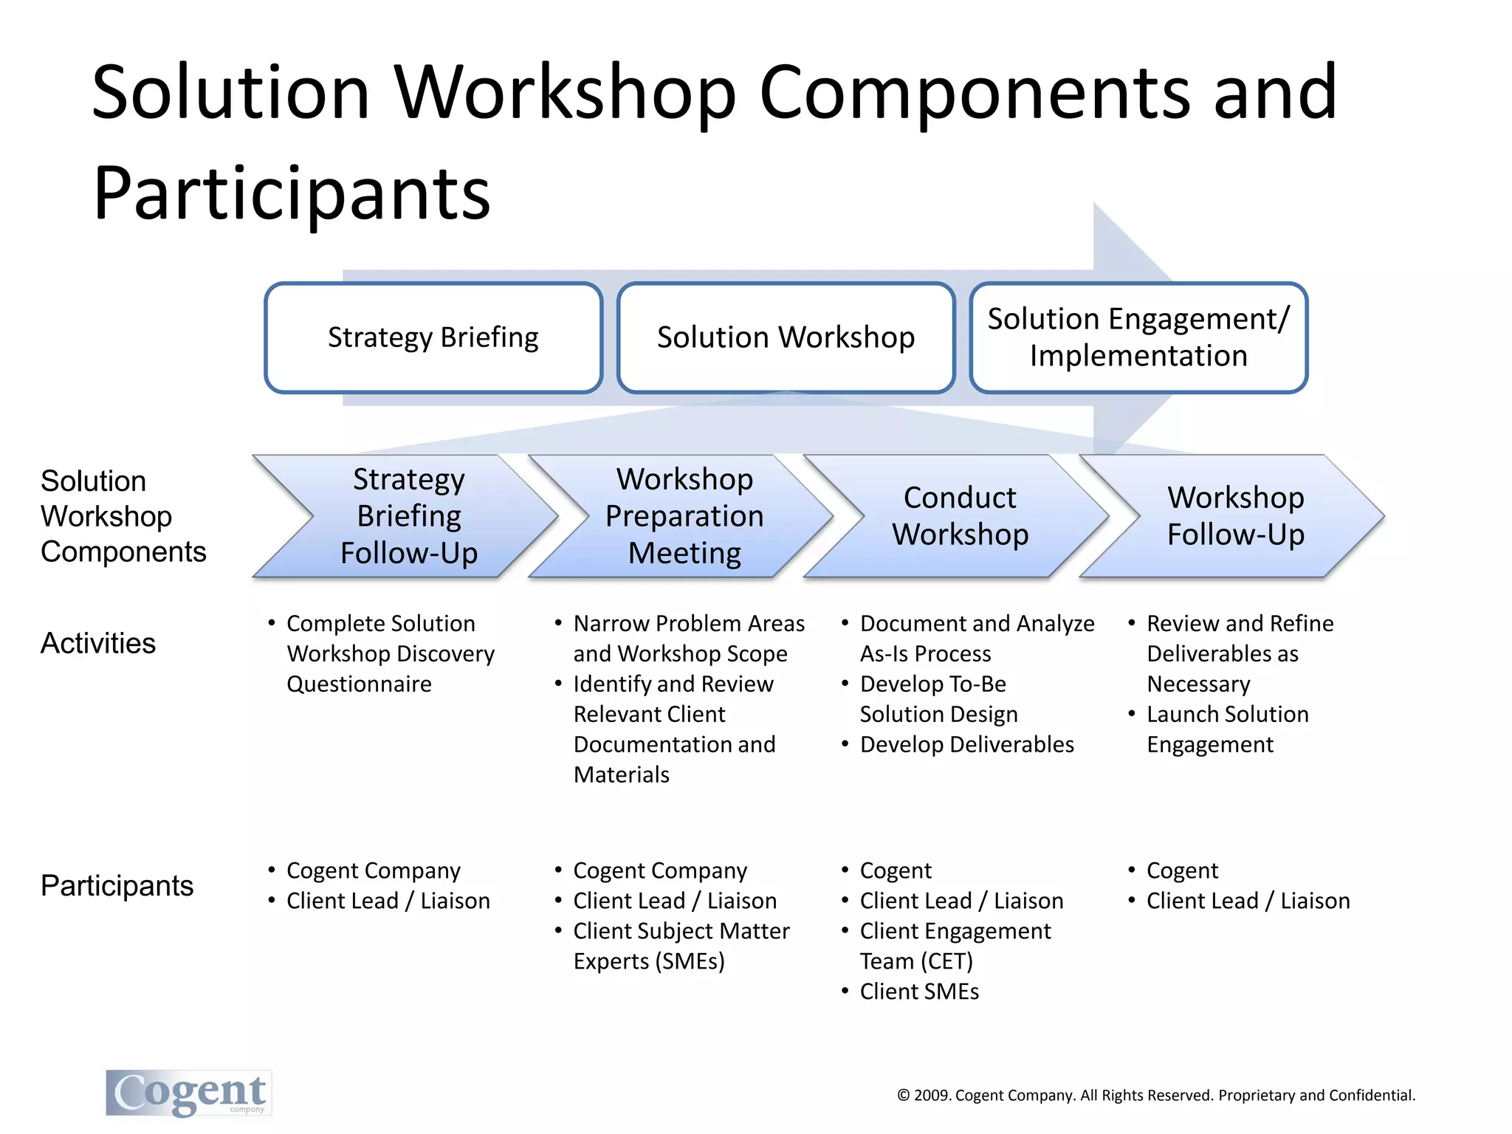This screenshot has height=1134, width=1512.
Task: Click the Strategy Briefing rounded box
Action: tap(433, 337)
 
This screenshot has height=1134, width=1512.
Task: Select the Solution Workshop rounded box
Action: tap(786, 337)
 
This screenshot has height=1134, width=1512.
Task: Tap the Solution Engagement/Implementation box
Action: tap(1138, 337)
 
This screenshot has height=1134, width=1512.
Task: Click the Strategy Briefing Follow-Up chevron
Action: tap(408, 516)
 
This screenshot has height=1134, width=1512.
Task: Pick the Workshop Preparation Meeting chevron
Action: tap(684, 516)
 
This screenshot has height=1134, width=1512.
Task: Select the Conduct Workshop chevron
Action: tap(960, 516)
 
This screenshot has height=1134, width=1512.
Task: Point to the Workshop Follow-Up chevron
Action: tap(1235, 516)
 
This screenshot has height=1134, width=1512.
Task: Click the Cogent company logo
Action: tap(189, 1093)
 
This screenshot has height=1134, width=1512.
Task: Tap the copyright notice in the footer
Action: tap(1155, 1095)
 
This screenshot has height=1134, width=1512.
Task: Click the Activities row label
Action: tap(98, 643)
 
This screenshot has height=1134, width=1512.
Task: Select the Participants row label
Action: tap(117, 885)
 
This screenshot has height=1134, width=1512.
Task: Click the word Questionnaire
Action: tap(359, 684)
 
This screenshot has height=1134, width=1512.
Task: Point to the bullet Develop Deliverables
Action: tap(966, 744)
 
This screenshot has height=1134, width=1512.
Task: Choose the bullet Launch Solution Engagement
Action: tap(1227, 729)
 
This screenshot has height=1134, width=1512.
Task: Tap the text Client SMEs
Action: tap(919, 992)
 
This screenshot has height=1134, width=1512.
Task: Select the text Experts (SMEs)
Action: tap(649, 961)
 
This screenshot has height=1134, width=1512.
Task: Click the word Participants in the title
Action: tap(292, 193)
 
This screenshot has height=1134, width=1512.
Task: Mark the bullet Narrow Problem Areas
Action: tap(688, 624)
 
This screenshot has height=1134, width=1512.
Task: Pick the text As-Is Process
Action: tap(925, 654)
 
